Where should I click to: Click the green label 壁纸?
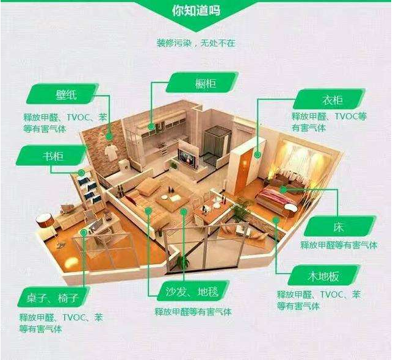pos(62,95)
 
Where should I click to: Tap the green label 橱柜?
pos(202,82)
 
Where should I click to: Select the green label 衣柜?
pos(329,99)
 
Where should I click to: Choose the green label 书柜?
pos(52,156)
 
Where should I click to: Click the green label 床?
pos(340,226)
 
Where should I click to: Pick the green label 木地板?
pos(323,276)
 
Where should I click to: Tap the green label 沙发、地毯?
pos(193,291)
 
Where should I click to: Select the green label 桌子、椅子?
pos(53,297)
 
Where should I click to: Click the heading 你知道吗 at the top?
pos(196,10)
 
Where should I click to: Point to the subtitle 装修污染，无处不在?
pos(196,43)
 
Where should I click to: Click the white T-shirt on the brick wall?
pos(111,151)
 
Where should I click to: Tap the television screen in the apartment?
pos(187,159)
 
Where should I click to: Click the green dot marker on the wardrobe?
pos(257,154)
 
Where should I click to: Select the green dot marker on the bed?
pos(283,189)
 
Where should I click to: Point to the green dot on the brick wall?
pos(109,136)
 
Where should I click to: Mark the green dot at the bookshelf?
pos(81,172)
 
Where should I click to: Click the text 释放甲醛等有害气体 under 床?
pos(339,245)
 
